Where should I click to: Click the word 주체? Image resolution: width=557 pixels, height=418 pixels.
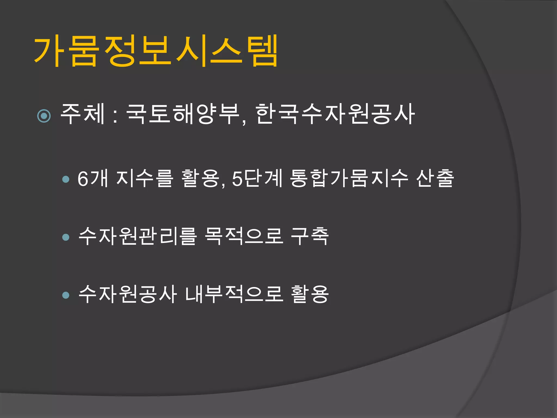[83, 114]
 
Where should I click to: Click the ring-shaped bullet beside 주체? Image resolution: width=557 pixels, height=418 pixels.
[44, 116]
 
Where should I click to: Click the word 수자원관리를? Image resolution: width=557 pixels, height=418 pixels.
[137, 236]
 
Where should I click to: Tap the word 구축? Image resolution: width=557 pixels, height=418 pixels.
[310, 236]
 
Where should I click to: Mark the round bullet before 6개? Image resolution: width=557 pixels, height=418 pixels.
[66, 179]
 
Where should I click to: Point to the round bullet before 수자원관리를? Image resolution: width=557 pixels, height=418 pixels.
[66, 237]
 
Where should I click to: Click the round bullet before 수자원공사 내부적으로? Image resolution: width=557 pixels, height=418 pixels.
[66, 295]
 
